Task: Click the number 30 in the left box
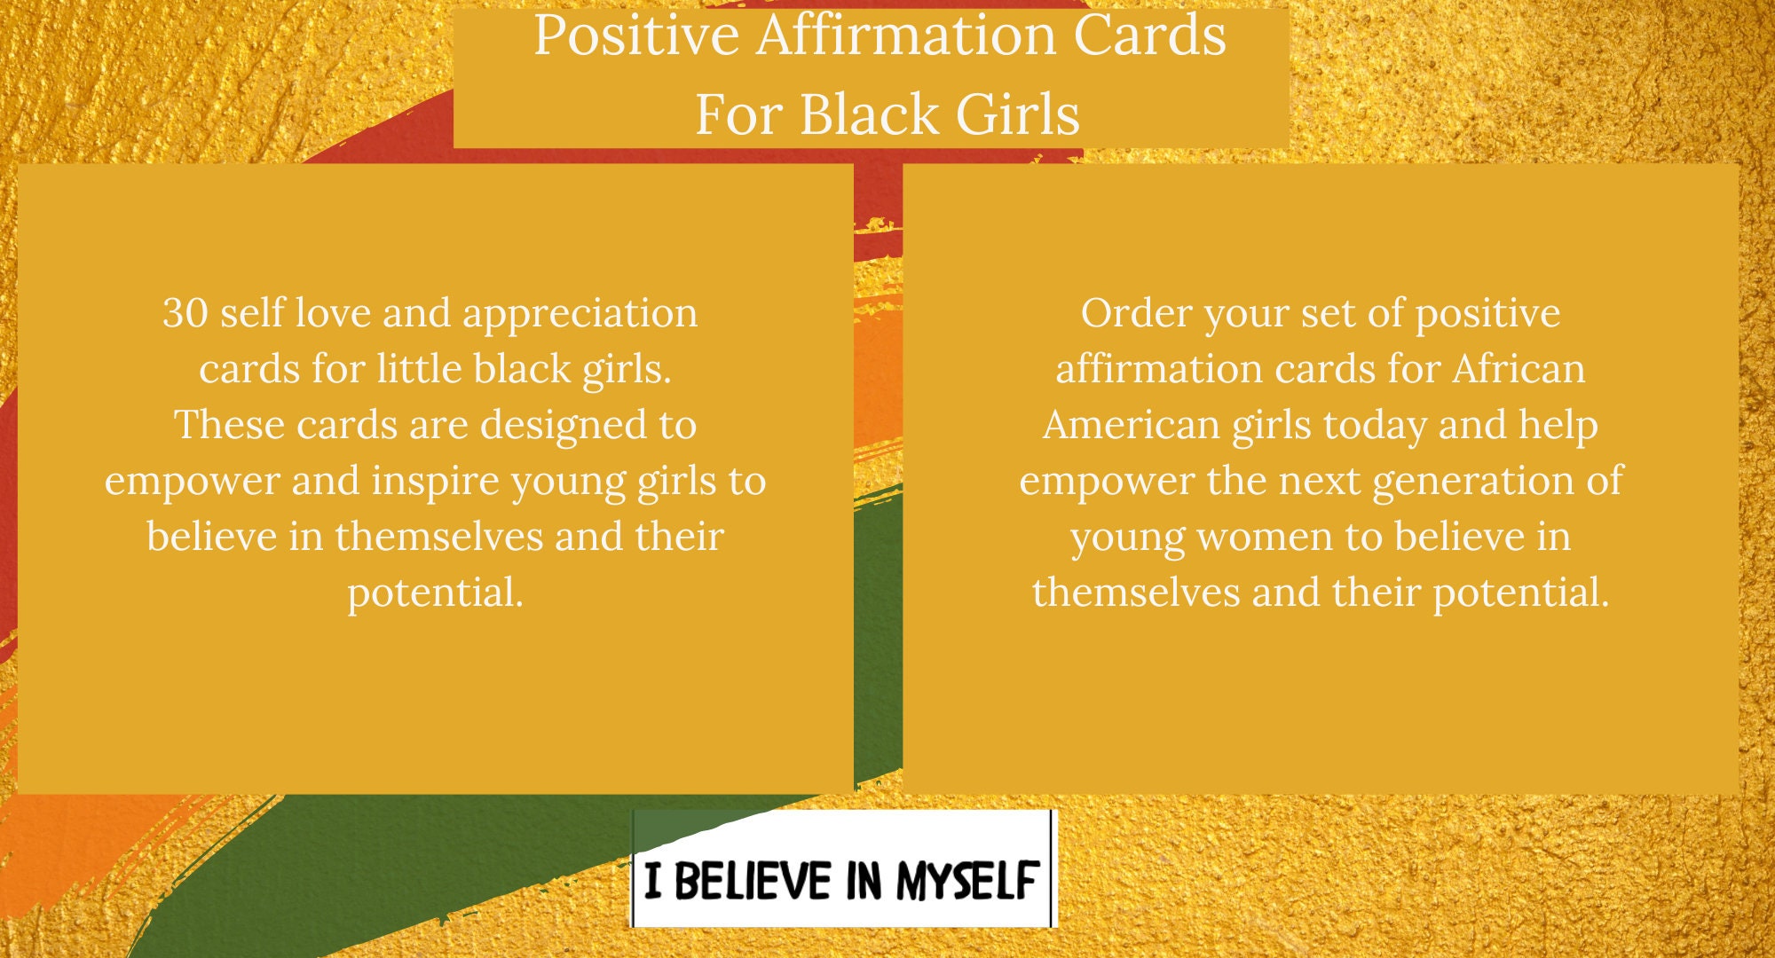[x=185, y=313]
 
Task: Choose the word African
[x=1519, y=369]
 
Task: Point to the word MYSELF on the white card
[x=966, y=881]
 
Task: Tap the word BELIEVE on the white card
[x=753, y=881]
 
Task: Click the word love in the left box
[x=332, y=313]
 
